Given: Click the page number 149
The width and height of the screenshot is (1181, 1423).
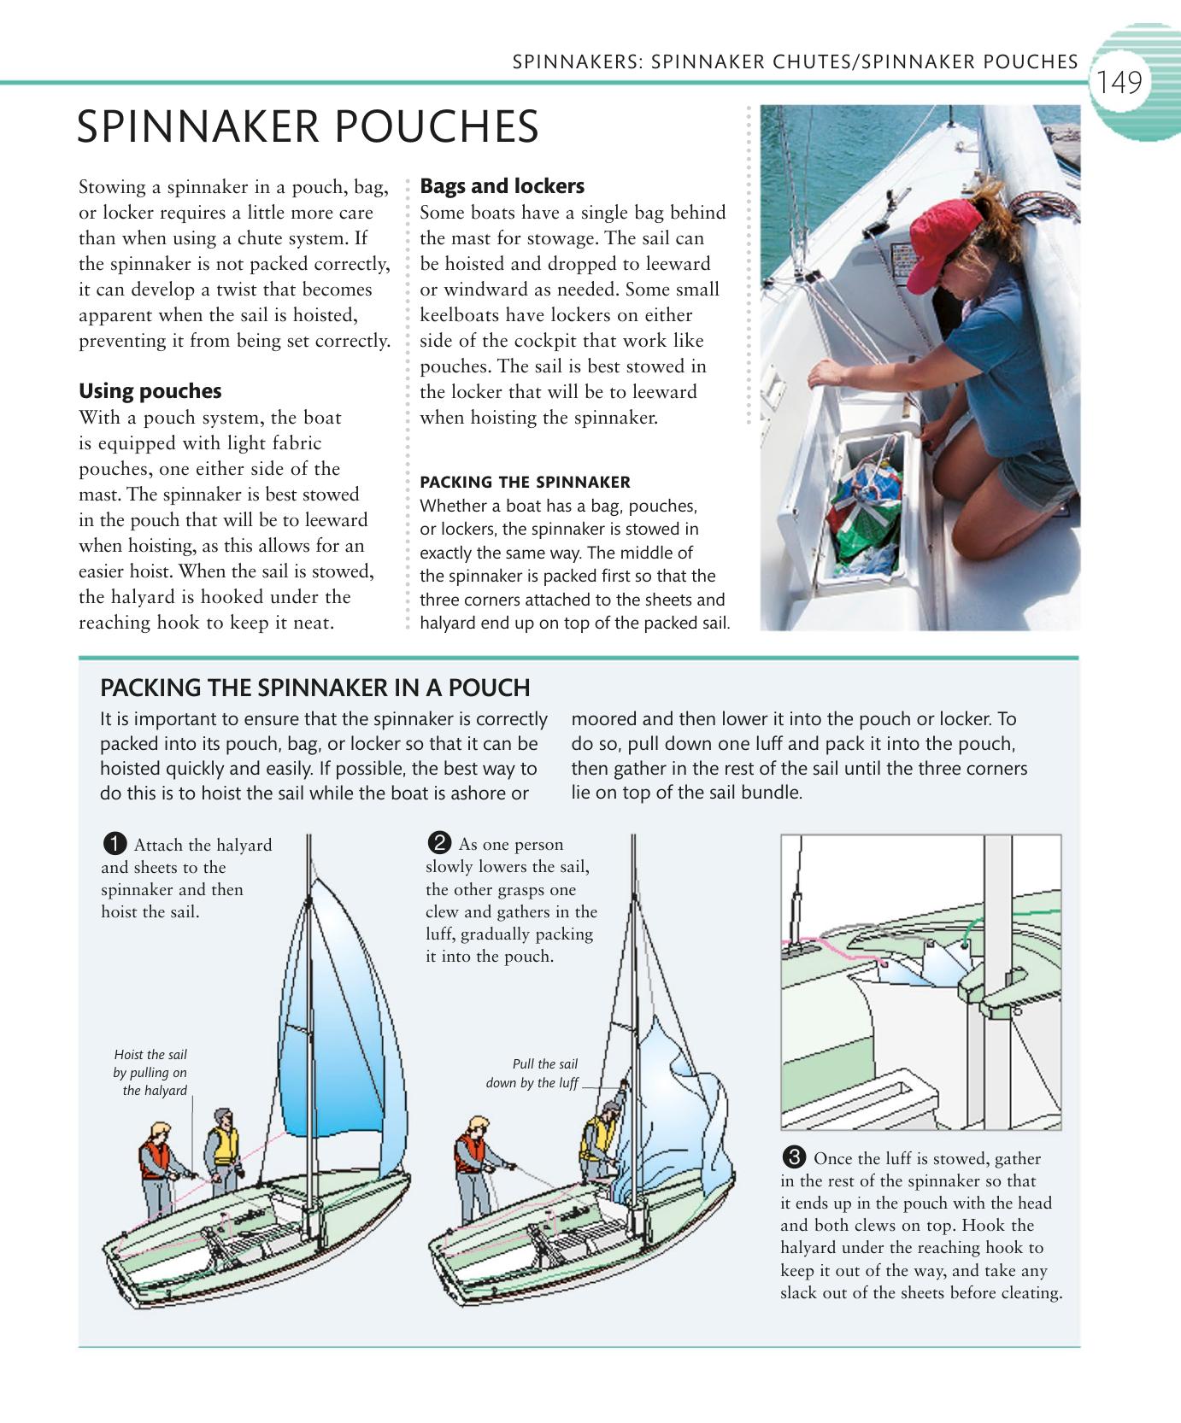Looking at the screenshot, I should click(x=1119, y=83).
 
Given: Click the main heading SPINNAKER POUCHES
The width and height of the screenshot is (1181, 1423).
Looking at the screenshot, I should click(x=308, y=127).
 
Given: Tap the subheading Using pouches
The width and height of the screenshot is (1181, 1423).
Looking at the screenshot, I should click(x=150, y=391).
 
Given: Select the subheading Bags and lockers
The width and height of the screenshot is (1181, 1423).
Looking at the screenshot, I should click(x=502, y=186).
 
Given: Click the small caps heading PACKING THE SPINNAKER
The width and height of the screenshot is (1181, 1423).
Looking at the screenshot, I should click(x=525, y=482).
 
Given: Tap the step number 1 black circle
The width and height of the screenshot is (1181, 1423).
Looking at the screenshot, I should click(x=114, y=845).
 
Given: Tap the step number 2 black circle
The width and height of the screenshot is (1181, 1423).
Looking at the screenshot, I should click(x=438, y=844).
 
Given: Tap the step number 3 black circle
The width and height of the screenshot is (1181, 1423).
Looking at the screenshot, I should click(x=793, y=1158).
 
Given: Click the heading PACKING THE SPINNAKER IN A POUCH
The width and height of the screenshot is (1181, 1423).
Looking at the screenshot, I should click(x=314, y=688).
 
